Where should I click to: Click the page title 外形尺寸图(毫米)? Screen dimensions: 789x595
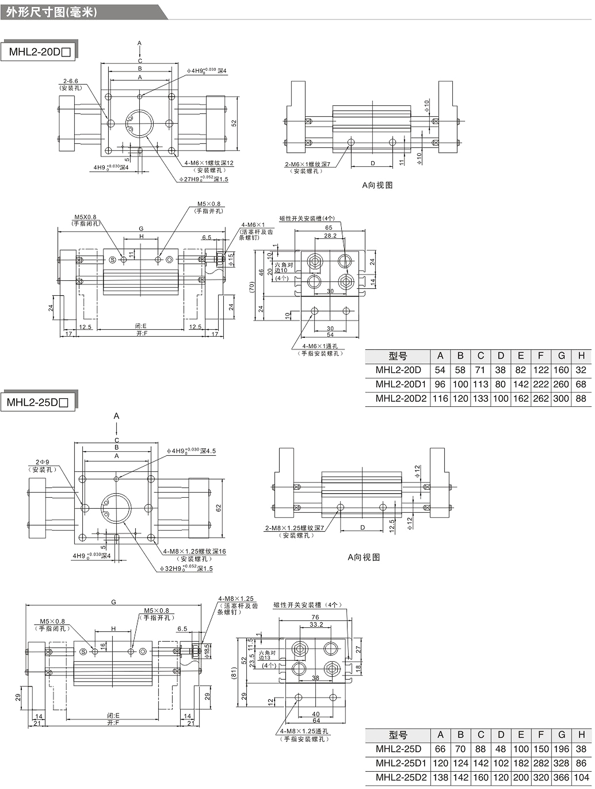pos(51,13)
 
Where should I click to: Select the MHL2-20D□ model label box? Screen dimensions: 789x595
pos(39,52)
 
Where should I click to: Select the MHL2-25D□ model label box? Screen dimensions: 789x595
pos(37,402)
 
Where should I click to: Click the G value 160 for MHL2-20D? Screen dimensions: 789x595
pos(561,370)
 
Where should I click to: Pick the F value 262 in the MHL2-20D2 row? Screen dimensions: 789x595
pos(541,398)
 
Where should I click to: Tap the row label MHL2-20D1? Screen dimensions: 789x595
pos(401,384)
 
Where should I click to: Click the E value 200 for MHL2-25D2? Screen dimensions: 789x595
pos(521,777)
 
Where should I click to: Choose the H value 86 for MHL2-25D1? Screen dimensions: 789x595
pos(581,763)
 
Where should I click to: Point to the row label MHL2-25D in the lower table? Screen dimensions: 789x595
pos(398,749)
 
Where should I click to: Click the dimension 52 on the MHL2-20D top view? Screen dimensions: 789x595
pos(234,123)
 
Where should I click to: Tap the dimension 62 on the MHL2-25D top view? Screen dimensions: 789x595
pos(219,508)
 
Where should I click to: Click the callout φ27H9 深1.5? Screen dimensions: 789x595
pos(204,179)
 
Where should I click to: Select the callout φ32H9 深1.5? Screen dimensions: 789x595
pos(186,569)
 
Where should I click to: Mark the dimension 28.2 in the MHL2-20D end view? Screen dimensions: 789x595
pos(330,236)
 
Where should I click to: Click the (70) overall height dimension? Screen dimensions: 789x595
pos(252,287)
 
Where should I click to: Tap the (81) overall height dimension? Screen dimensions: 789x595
pos(234,673)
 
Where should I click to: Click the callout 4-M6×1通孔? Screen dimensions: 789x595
pos(320,346)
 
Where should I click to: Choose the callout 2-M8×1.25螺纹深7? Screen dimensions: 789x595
pos(294,528)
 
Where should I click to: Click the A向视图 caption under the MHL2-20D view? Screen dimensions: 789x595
pos(377,185)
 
